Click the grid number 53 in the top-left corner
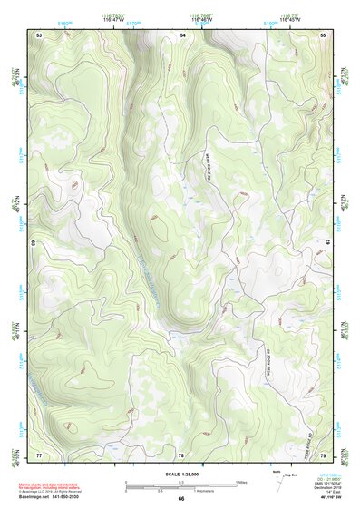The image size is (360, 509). click(x=39, y=34)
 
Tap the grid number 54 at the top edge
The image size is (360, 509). click(x=182, y=34)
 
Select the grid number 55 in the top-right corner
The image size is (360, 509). click(x=323, y=34)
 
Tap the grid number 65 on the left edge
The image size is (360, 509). click(x=34, y=243)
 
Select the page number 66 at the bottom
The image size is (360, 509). click(x=180, y=499)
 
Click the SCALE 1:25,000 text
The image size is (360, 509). click(x=180, y=474)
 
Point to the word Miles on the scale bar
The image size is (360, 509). click(x=242, y=482)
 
